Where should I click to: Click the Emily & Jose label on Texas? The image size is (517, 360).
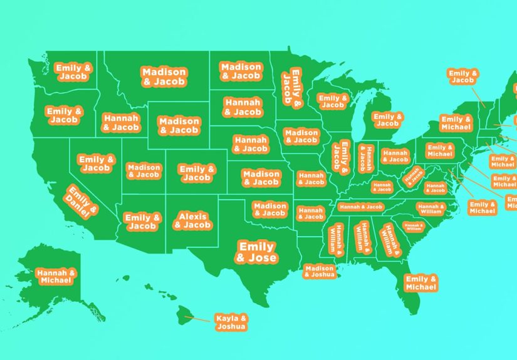(x=257, y=252)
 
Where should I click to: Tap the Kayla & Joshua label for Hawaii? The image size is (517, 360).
(x=231, y=322)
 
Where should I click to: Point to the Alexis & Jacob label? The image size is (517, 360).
(x=193, y=221)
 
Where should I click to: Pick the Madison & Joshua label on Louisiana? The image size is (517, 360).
(x=320, y=272)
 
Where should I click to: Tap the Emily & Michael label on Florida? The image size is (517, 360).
(x=420, y=283)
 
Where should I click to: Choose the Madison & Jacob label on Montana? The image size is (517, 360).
(x=164, y=77)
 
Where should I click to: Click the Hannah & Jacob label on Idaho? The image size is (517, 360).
(x=121, y=123)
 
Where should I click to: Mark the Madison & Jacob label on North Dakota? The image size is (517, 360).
(x=241, y=71)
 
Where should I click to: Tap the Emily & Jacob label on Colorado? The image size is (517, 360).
(x=196, y=173)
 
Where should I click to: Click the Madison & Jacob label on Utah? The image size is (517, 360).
(x=144, y=171)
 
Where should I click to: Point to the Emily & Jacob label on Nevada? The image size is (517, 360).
(x=96, y=163)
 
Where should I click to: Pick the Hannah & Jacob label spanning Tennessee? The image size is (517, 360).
(x=360, y=207)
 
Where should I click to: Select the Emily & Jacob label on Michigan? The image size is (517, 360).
(x=388, y=120)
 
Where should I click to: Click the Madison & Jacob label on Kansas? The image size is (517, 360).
(x=261, y=178)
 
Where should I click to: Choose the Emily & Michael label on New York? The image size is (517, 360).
(x=456, y=123)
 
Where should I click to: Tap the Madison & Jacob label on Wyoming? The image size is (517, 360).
(x=179, y=126)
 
